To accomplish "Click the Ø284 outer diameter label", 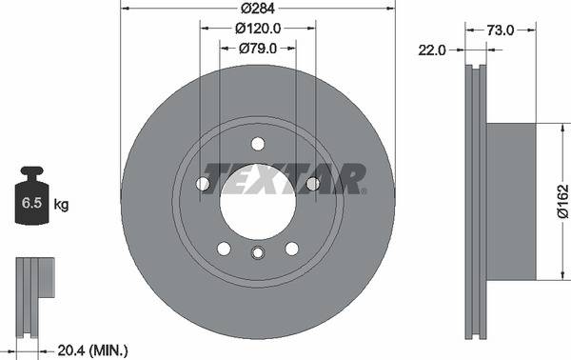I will coord(257,9).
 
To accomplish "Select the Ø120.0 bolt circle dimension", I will coord(257,28).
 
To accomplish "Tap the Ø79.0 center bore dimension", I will coord(257,47).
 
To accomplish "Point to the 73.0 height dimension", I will coord(500,30).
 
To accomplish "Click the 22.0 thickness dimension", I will coord(433,50).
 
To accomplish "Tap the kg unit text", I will coord(61,205).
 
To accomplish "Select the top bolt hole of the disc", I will coord(257,144).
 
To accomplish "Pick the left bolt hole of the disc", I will coord(203,184).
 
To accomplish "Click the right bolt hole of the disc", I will coord(312,184).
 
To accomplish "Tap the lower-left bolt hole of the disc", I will coord(224,248).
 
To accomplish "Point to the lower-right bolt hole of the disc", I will coord(291,248).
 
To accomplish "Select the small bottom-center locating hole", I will coord(257,252).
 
